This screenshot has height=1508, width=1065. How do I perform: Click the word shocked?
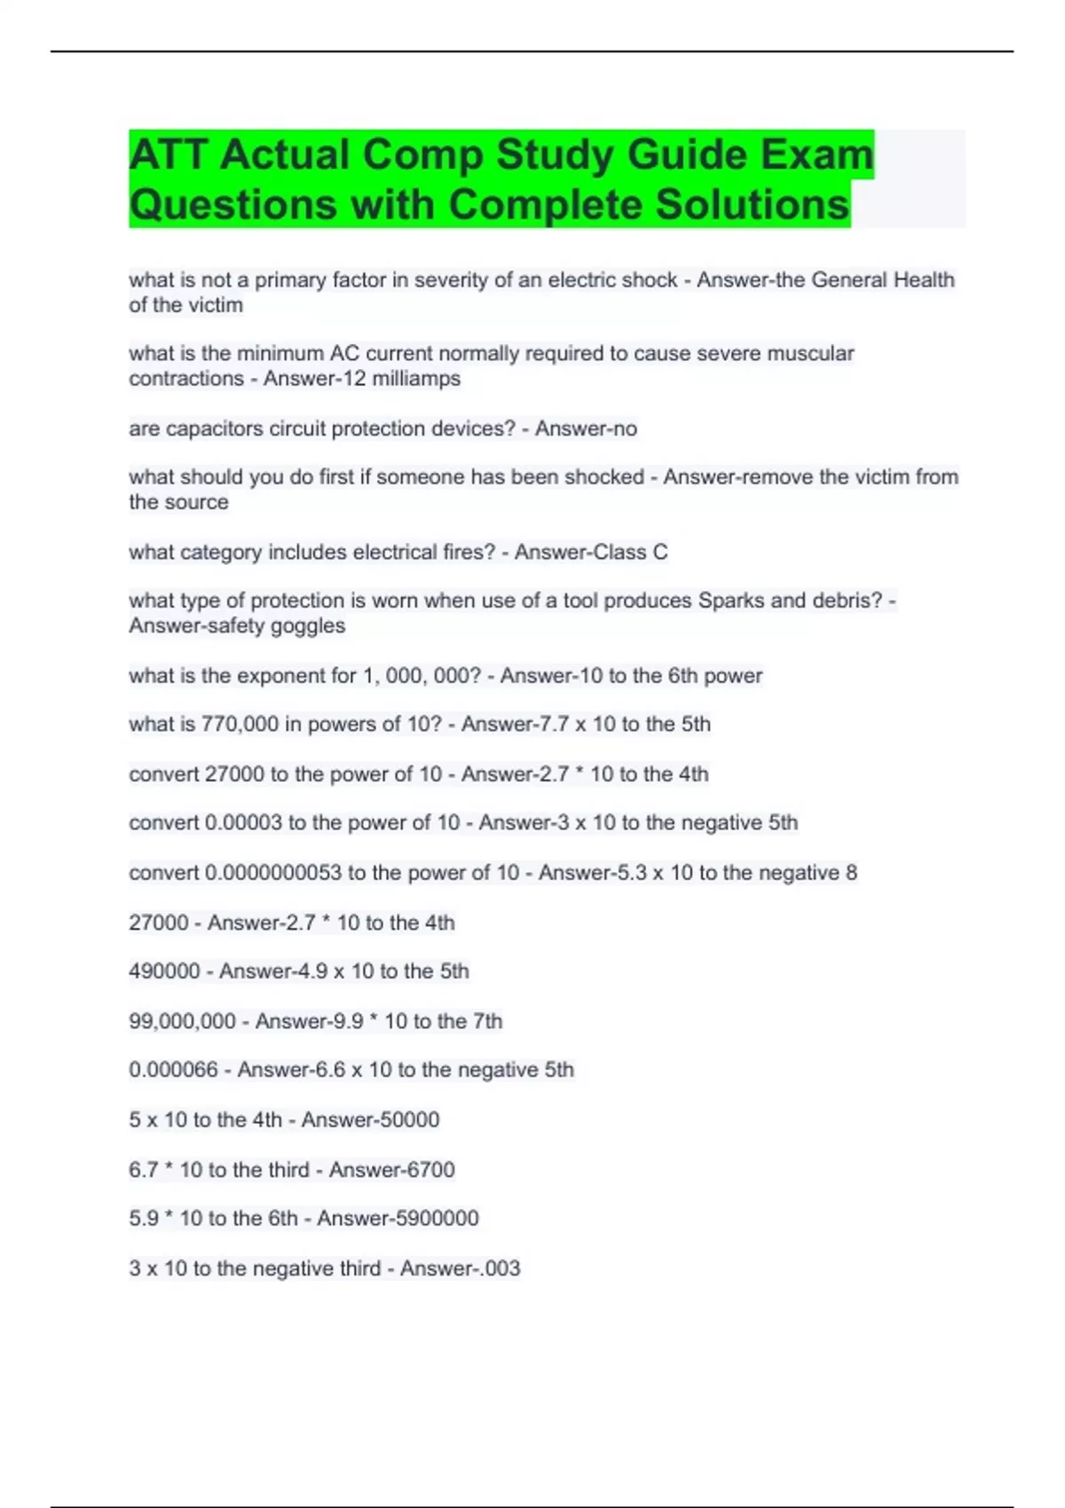604,477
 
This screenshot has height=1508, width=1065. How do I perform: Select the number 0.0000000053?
273,873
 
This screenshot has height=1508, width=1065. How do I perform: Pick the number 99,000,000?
182,1021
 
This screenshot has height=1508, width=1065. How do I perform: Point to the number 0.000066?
173,1070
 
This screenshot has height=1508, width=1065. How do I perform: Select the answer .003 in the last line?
500,1268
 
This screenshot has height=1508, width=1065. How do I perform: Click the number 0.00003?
243,823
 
